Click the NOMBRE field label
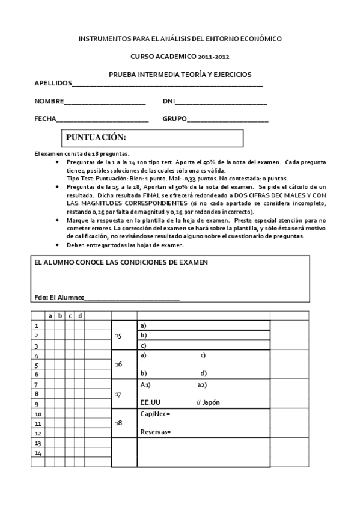click(x=49, y=102)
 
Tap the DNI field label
click(x=168, y=102)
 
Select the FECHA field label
click(x=45, y=119)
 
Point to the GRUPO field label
click(x=174, y=119)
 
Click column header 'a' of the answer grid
click(x=50, y=316)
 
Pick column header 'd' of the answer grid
click(x=80, y=316)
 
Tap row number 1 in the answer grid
click(x=37, y=325)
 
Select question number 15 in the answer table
click(x=118, y=336)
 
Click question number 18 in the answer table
click(x=118, y=423)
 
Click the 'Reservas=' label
click(x=155, y=432)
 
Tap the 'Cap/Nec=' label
click(x=155, y=414)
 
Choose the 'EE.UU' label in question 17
click(x=150, y=402)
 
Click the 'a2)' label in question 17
click(x=202, y=384)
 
